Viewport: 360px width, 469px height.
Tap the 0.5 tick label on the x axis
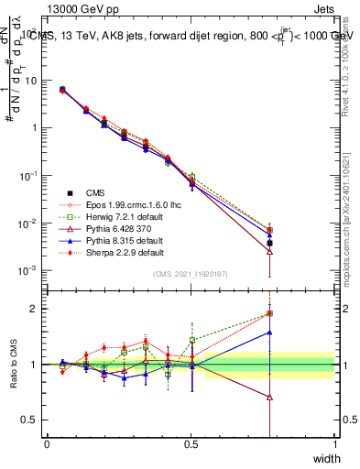(x=191, y=444)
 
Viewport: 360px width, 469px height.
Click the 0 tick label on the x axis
(x=47, y=444)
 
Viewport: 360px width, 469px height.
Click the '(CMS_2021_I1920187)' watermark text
(x=191, y=274)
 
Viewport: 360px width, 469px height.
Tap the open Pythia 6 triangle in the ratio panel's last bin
(x=269, y=397)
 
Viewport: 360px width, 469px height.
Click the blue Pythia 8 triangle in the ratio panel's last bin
(x=269, y=333)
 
